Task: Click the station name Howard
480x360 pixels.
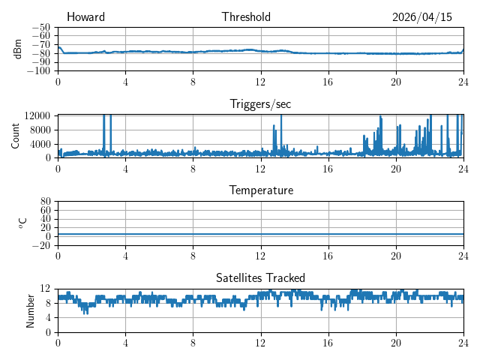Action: click(85, 16)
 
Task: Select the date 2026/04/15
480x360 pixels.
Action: click(422, 17)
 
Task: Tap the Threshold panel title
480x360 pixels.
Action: click(246, 16)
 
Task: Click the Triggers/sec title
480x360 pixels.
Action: click(260, 104)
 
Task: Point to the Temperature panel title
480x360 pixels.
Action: click(261, 190)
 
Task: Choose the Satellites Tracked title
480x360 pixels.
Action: click(260, 278)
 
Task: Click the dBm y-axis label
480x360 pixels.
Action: click(17, 49)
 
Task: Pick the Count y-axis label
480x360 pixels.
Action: click(15, 136)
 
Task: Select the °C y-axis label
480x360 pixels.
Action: click(22, 223)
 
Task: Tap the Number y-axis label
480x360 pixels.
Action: click(30, 311)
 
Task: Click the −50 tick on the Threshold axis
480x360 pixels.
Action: click(41, 27)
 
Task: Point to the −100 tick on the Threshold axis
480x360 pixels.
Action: click(38, 71)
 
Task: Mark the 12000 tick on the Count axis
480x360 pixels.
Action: click(37, 115)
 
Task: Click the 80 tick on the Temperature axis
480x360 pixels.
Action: click(45, 202)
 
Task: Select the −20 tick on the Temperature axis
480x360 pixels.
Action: click(41, 245)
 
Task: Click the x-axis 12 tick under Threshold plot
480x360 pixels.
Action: click(261, 82)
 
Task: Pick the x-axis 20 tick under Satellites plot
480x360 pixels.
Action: click(396, 343)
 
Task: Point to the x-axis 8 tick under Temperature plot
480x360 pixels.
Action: click(193, 256)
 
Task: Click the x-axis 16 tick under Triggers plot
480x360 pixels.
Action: click(328, 169)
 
